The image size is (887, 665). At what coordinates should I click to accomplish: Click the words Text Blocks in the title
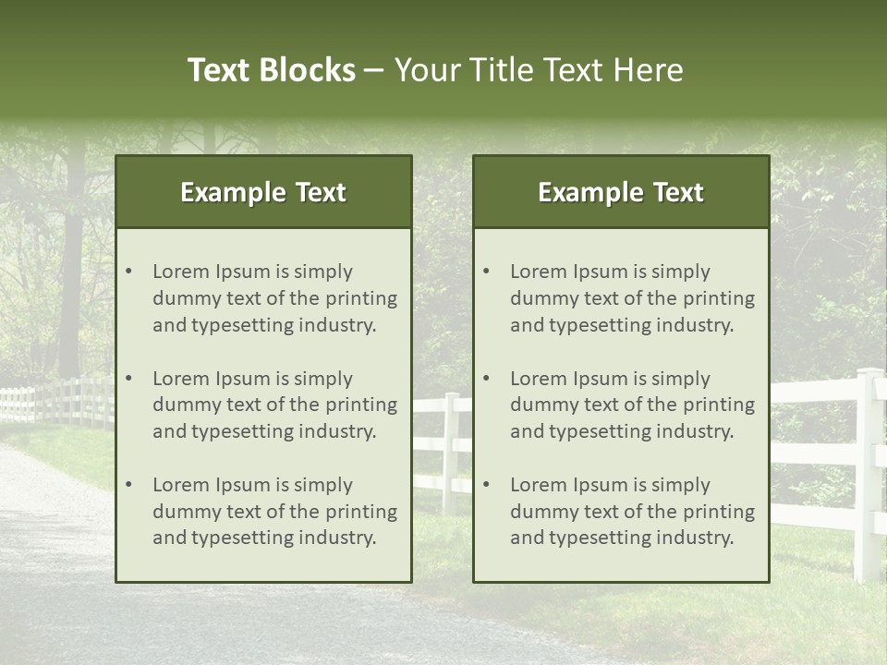tap(271, 70)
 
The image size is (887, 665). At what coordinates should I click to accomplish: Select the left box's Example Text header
tap(263, 192)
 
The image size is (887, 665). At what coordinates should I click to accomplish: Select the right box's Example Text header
tap(621, 192)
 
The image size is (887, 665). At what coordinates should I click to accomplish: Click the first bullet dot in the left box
tap(129, 272)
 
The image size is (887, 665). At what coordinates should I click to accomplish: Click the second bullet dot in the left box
tap(129, 379)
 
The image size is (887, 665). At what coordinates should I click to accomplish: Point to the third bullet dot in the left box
tap(129, 485)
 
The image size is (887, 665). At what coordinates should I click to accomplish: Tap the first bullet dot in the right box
tap(487, 272)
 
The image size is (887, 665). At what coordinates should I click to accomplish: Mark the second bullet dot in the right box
tap(487, 379)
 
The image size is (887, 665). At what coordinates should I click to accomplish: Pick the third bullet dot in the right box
tap(487, 485)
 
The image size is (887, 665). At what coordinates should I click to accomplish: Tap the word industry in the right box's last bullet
tap(698, 538)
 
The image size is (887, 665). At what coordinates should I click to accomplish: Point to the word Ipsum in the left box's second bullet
tap(243, 379)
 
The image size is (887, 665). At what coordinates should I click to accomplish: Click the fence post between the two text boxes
tap(450, 453)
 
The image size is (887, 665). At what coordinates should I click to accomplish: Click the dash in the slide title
tap(374, 71)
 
